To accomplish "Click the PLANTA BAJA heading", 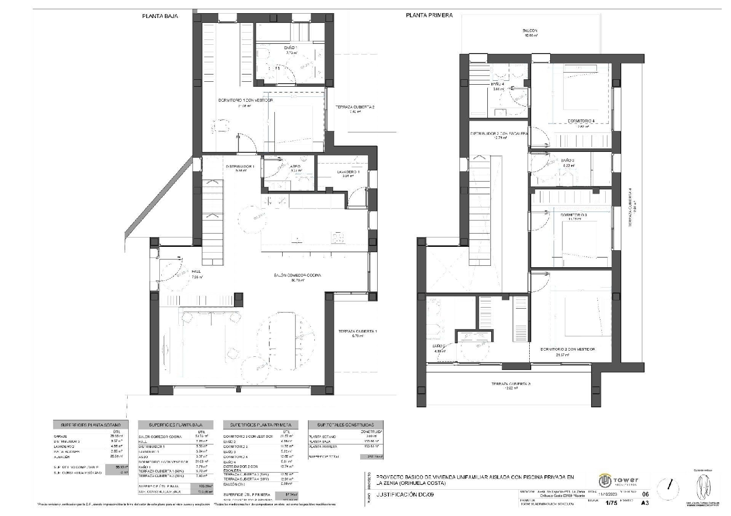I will pos(160,16).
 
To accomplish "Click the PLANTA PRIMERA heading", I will pos(429,15).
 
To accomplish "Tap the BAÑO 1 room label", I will pos(290,48).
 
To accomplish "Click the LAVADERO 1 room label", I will pos(347,172).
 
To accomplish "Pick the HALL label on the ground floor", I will pos(196,272).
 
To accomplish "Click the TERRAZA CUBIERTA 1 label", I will pos(358,332).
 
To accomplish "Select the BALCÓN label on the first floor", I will pos(530,31).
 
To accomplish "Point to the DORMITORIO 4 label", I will pos(581,121).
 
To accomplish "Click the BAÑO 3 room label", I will pos(567,160).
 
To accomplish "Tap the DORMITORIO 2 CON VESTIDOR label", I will pos(567,349).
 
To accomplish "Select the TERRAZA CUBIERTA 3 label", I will pos(510,384).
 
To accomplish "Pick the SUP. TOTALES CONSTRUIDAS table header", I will pos(346,425).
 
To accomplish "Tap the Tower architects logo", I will pos(619,481).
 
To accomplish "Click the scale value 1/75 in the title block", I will pos(611,502).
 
